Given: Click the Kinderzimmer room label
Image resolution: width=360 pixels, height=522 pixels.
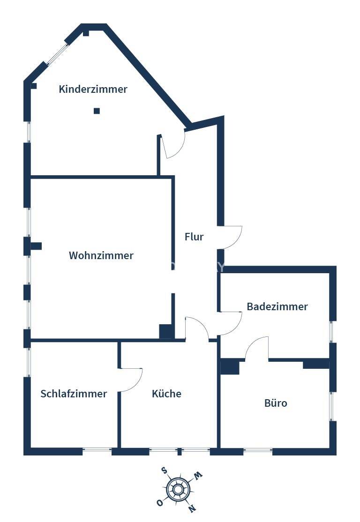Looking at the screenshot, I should pyautogui.click(x=93, y=89).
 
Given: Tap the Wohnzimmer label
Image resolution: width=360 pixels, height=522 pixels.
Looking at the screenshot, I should pyautogui.click(x=101, y=255).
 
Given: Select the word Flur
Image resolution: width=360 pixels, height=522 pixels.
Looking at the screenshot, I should pyautogui.click(x=194, y=237).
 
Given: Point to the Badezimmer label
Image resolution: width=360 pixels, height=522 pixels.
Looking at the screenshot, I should pyautogui.click(x=277, y=306).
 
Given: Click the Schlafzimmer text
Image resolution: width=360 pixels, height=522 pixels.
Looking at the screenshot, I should pyautogui.click(x=74, y=394).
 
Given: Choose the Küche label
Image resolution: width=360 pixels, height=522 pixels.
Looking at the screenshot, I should pyautogui.click(x=166, y=394).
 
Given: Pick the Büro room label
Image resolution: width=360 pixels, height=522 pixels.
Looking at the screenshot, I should pyautogui.click(x=276, y=403).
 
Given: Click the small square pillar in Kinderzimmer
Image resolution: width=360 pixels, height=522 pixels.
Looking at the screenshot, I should pyautogui.click(x=97, y=111).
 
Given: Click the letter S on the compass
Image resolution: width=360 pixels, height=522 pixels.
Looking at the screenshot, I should pyautogui.click(x=164, y=470).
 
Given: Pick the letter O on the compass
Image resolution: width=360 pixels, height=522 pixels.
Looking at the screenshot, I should pyautogui.click(x=160, y=503).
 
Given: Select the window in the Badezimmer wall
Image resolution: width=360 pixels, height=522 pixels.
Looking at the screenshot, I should pyautogui.click(x=332, y=332).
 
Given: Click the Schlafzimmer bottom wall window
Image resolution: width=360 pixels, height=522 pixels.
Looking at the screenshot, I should pyautogui.click(x=97, y=451).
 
